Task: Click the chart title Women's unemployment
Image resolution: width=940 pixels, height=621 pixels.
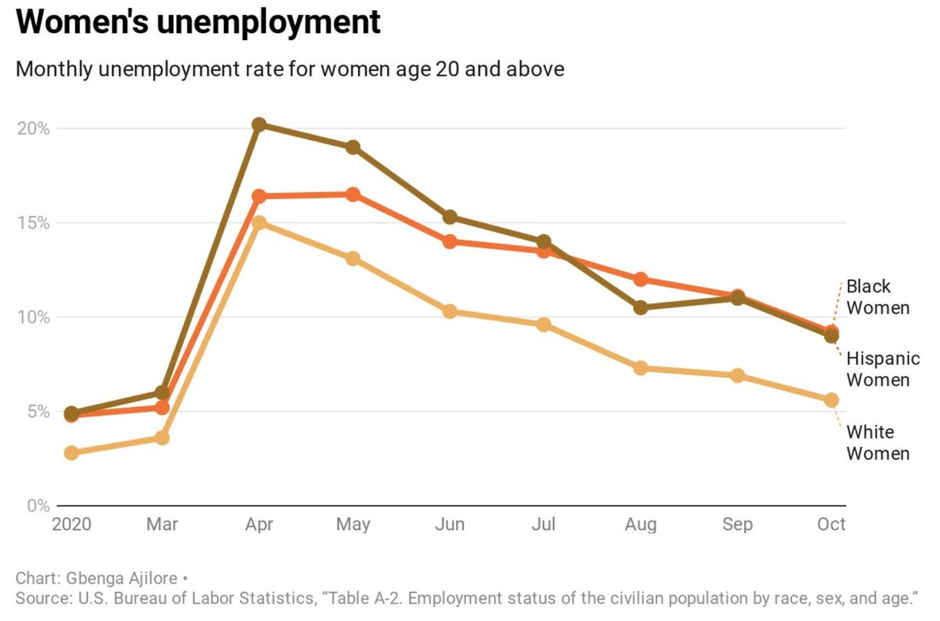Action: click(198, 23)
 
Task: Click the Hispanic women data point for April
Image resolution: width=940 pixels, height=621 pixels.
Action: click(259, 125)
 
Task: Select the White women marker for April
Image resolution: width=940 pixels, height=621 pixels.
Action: click(259, 223)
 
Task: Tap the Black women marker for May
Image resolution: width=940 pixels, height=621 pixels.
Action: click(353, 194)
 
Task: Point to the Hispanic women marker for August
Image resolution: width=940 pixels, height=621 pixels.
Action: click(641, 307)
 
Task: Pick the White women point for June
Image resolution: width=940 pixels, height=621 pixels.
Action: click(450, 311)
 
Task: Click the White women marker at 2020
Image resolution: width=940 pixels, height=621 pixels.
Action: click(71, 452)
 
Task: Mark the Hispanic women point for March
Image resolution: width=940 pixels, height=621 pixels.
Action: click(162, 392)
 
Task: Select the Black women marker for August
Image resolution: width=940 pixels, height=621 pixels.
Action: click(641, 279)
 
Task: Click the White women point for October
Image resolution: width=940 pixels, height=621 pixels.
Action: click(831, 400)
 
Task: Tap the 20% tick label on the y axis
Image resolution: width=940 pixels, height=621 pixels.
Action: click(33, 129)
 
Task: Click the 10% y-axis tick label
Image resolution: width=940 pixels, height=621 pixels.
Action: click(33, 318)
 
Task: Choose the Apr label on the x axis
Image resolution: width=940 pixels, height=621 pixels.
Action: click(259, 525)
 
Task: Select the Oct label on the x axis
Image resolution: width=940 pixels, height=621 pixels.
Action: click(831, 525)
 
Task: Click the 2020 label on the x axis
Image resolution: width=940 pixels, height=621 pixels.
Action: click(71, 525)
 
